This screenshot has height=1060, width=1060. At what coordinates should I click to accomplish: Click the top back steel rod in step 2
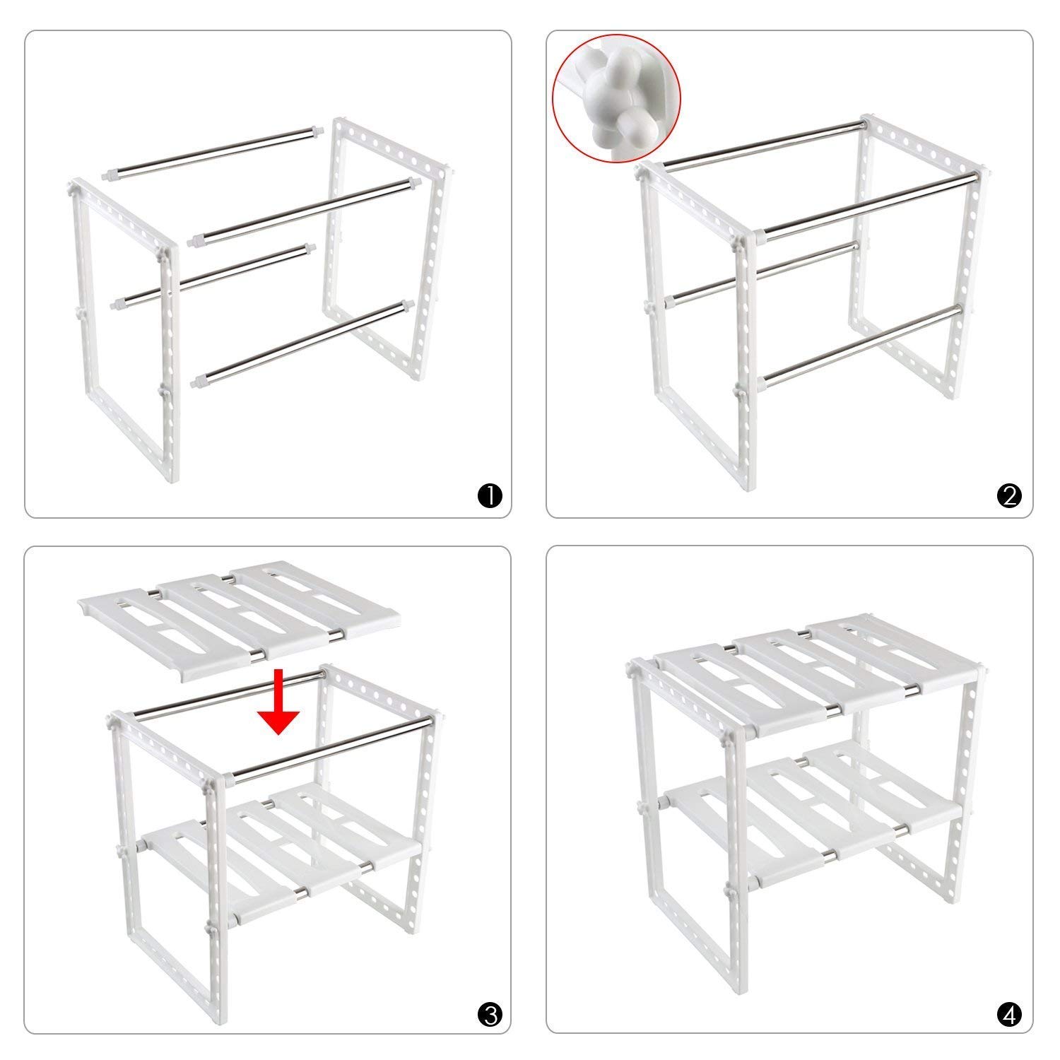[x=763, y=144]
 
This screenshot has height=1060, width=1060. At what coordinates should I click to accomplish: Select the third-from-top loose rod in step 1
[x=212, y=276]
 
